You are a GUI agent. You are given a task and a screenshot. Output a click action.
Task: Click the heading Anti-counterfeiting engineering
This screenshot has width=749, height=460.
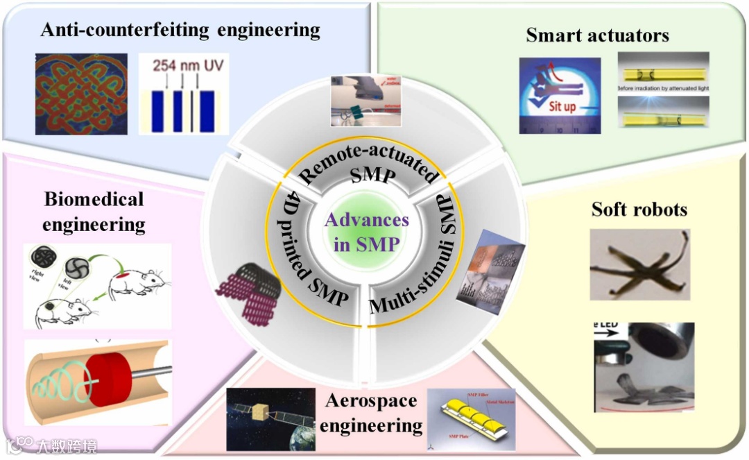point(180,30)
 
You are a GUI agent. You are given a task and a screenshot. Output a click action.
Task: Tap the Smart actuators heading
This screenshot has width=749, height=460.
point(597,34)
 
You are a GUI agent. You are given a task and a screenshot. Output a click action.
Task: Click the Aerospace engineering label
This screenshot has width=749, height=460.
point(371,413)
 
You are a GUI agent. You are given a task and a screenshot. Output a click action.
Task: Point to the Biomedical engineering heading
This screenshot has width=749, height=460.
point(94,212)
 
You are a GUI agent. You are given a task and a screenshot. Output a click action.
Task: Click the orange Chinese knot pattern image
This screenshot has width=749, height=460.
point(82,94)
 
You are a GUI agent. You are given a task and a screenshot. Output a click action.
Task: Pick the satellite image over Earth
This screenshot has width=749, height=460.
point(270,420)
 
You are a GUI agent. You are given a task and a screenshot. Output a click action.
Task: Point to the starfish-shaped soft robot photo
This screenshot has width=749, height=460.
point(640,265)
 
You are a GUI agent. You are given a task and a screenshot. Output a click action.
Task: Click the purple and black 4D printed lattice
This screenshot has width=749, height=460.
point(250,288)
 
